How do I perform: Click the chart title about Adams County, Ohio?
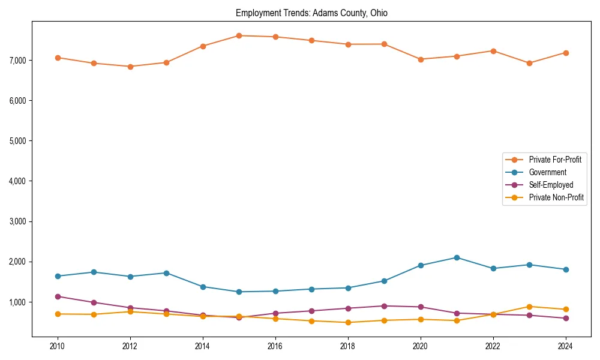[x=311, y=13]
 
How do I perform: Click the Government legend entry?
[x=547, y=172]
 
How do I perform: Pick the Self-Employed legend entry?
[x=551, y=185]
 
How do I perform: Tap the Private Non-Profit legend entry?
[x=556, y=197]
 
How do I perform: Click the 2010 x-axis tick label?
[x=58, y=346]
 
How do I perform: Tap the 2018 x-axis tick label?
[x=348, y=346]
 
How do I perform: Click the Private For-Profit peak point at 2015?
[x=239, y=35]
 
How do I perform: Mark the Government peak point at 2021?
[x=457, y=257]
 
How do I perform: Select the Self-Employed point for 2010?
[x=58, y=296]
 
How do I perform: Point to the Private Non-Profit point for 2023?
[x=529, y=307]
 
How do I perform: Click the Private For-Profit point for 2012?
[x=130, y=67]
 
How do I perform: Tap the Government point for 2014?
[x=203, y=287]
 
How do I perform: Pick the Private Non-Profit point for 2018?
[x=348, y=322]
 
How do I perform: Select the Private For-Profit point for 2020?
[x=421, y=59]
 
